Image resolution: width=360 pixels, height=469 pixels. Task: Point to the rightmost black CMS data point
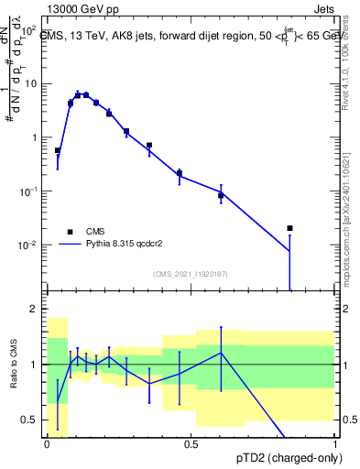(289, 228)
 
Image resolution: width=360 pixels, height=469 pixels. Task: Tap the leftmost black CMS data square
(58, 150)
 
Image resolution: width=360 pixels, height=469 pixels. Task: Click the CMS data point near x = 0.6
(221, 195)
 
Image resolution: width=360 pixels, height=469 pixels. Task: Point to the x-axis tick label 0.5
(191, 444)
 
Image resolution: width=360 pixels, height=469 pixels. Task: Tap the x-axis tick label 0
(47, 444)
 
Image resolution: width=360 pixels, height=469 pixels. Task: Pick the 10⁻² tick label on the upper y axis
(27, 245)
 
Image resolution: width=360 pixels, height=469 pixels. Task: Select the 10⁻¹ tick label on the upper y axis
(27, 191)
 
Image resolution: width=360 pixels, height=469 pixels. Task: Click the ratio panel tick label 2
(35, 310)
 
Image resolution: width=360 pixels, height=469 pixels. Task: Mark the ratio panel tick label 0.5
(30, 420)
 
